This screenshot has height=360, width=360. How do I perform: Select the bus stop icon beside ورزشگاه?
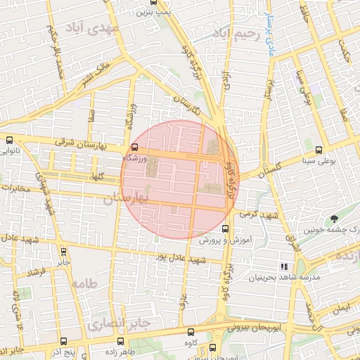coord(134,147)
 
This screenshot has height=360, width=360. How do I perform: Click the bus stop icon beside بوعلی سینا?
coord(320,150)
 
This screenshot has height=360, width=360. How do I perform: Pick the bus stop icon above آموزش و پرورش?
coord(226,229)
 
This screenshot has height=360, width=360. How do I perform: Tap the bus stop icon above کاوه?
coord(191,332)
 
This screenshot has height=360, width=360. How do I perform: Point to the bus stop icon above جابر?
coord(64,251)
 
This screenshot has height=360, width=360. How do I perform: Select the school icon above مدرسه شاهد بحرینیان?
coord(285,266)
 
